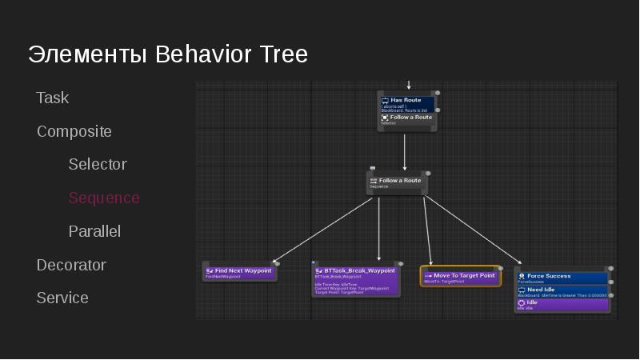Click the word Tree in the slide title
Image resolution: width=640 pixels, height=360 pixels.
(x=283, y=54)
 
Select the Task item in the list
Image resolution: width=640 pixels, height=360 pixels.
(x=53, y=98)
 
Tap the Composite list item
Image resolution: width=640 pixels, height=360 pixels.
(x=74, y=131)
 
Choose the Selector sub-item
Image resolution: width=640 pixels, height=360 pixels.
(x=98, y=164)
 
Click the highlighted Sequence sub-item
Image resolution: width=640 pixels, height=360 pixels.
(x=104, y=198)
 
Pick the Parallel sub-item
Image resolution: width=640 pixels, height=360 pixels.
(x=94, y=231)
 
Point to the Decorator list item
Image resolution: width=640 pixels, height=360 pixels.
(x=71, y=265)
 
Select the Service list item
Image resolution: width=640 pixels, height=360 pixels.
(x=62, y=298)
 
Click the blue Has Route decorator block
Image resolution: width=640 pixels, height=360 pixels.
(x=406, y=104)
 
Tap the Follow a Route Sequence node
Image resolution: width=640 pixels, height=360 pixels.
(x=397, y=182)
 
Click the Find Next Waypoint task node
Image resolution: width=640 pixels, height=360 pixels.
(x=239, y=272)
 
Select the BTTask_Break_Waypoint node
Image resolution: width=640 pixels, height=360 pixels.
(x=355, y=280)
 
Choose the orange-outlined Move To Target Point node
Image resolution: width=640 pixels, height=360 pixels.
(x=460, y=277)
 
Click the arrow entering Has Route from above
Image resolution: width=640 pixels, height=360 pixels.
(x=408, y=84)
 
